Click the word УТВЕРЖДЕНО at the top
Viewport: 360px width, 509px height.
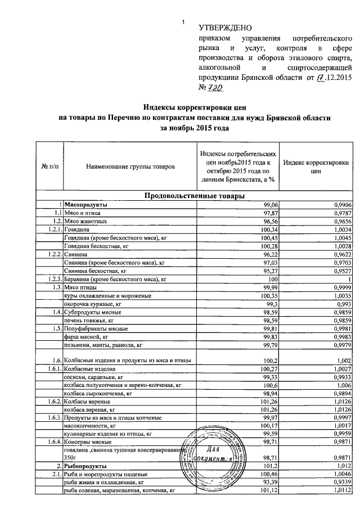click(x=226, y=28)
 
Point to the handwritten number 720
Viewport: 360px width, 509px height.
click(x=214, y=88)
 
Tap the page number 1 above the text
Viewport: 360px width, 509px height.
click(x=183, y=22)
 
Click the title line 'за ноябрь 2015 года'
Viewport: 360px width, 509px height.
click(x=195, y=128)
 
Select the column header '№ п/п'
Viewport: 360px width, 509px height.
click(x=49, y=167)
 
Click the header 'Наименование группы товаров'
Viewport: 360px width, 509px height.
click(x=130, y=167)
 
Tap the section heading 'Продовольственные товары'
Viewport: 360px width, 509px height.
click(x=195, y=196)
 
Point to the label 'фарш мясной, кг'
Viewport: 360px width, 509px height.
click(x=85, y=336)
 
